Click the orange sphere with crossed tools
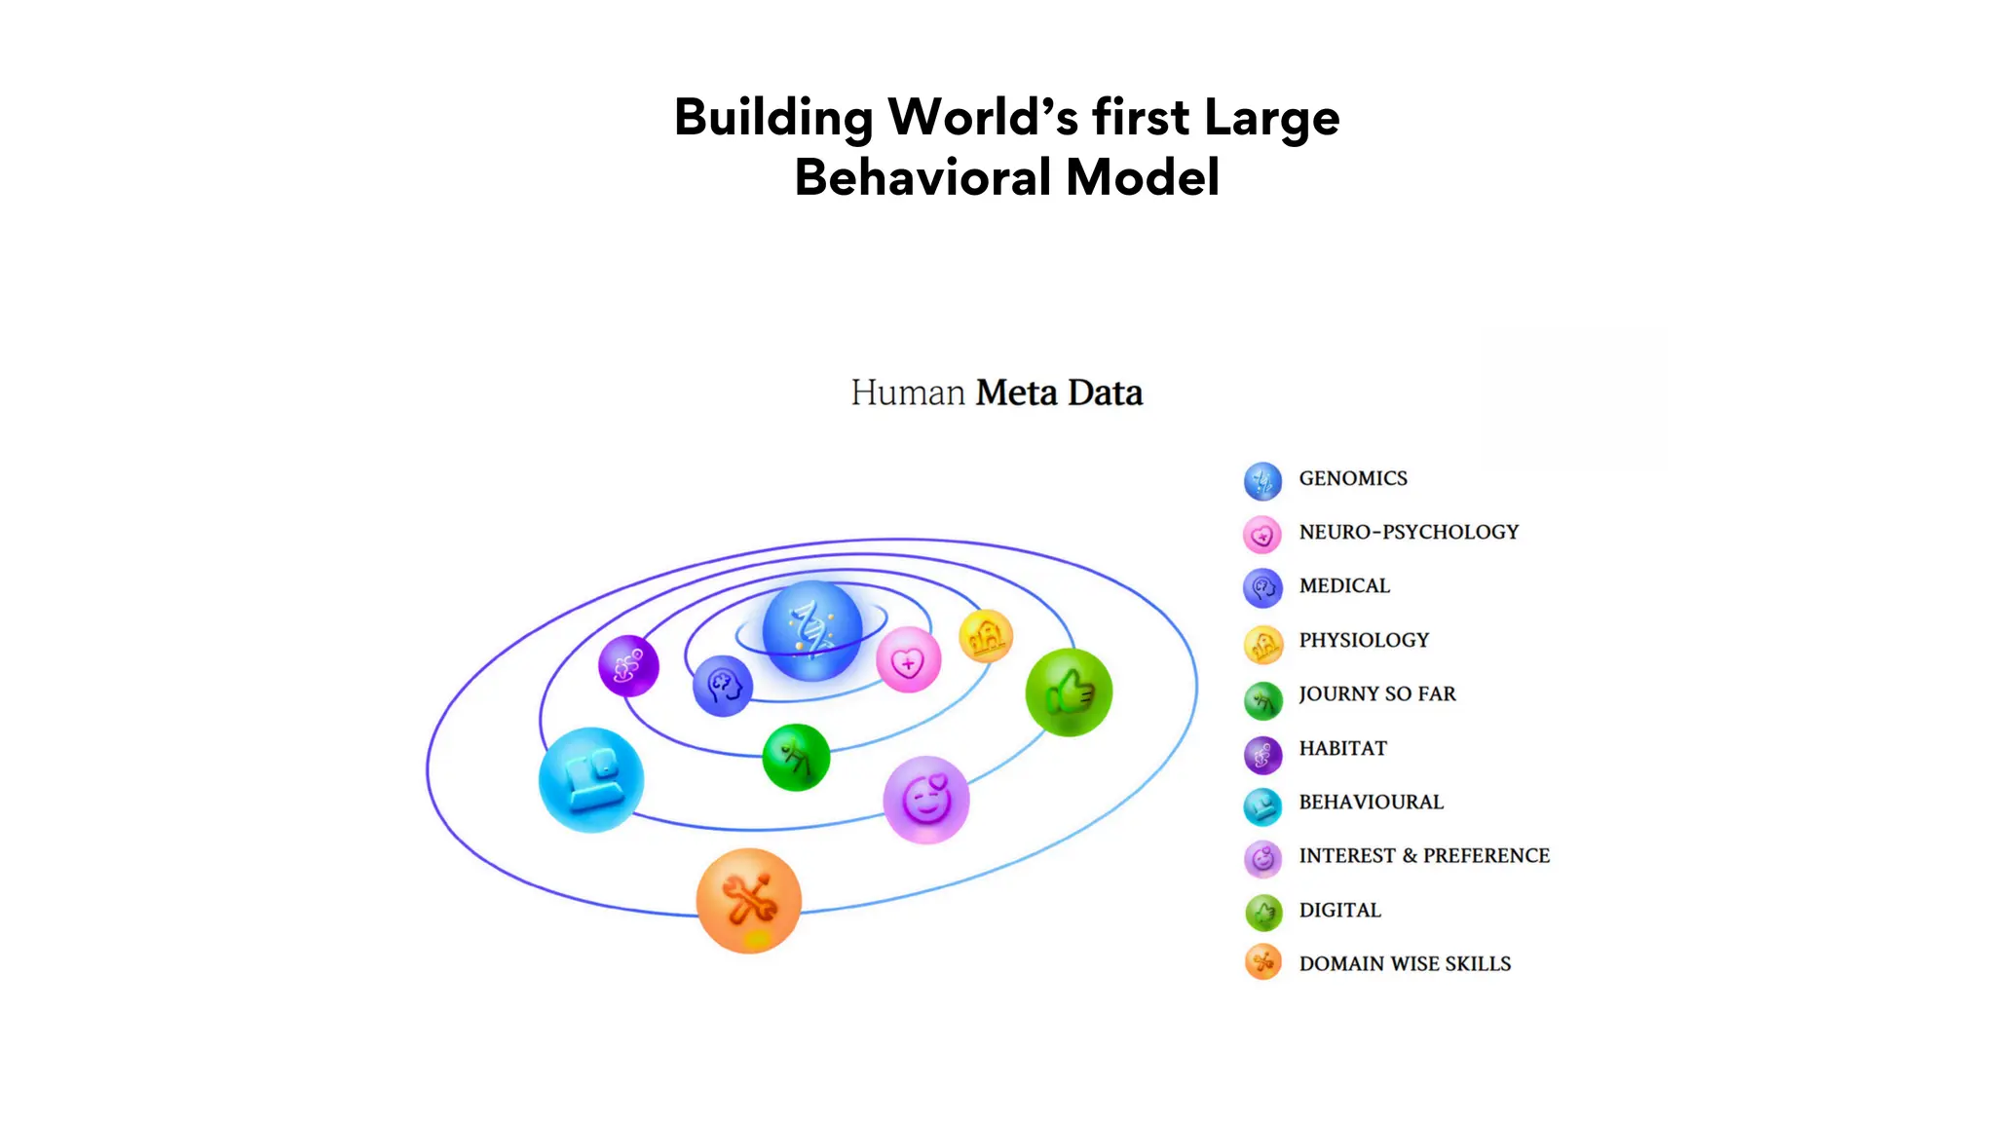(x=748, y=900)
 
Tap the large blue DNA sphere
(x=812, y=630)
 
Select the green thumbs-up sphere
(x=1069, y=692)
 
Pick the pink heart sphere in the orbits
(x=908, y=660)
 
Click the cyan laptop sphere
(x=591, y=779)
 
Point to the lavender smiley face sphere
(x=925, y=800)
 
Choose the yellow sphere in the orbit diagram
(x=986, y=636)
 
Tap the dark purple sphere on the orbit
(x=628, y=666)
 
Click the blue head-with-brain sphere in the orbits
(x=722, y=686)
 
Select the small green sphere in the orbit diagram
(x=796, y=757)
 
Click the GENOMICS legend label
(x=1352, y=478)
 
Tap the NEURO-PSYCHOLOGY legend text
(x=1409, y=532)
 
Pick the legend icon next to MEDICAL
(x=1262, y=587)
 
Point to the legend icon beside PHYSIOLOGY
(x=1262, y=643)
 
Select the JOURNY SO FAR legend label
(x=1376, y=693)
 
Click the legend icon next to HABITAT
(x=1262, y=754)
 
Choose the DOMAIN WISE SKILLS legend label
(x=1405, y=963)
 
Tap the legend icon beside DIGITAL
(x=1263, y=913)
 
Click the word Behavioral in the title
(x=923, y=177)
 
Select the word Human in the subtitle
(x=907, y=393)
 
